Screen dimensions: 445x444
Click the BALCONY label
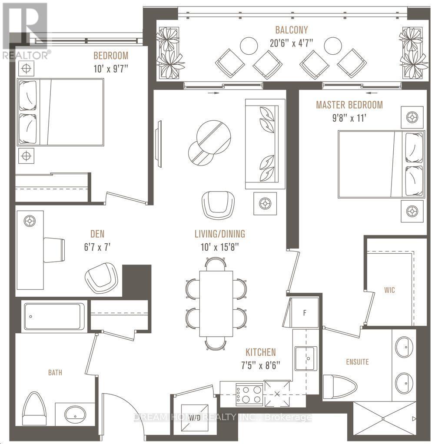click(291, 30)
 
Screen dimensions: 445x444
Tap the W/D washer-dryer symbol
click(195, 417)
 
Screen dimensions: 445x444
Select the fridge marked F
click(305, 313)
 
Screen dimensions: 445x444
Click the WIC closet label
click(389, 290)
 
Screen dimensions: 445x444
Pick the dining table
click(216, 304)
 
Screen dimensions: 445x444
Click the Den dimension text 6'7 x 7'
click(97, 247)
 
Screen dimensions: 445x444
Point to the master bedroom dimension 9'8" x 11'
click(349, 118)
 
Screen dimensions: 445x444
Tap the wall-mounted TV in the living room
click(159, 144)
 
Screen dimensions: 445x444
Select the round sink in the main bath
click(75, 414)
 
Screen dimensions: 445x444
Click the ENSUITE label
click(357, 362)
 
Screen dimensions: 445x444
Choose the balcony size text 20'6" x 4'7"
click(292, 43)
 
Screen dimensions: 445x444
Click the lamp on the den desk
click(30, 221)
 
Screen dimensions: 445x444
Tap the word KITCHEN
click(261, 352)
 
